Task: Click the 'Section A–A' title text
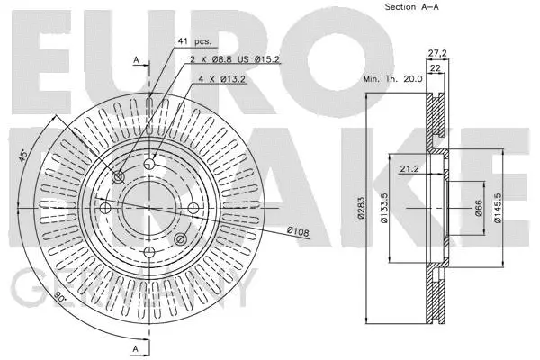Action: pos(410,7)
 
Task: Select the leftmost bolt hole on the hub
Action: pos(105,209)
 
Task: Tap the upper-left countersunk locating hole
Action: pos(119,176)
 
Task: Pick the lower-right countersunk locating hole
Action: pos(180,238)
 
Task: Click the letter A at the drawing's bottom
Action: pos(136,347)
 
